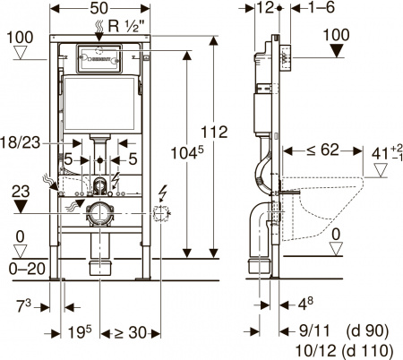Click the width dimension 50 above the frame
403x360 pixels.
[x=100, y=9]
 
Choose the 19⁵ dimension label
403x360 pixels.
[x=79, y=333]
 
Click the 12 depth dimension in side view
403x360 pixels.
[x=263, y=9]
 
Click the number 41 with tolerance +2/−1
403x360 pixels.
[x=381, y=153]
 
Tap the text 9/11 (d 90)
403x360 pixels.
[x=331, y=329]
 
